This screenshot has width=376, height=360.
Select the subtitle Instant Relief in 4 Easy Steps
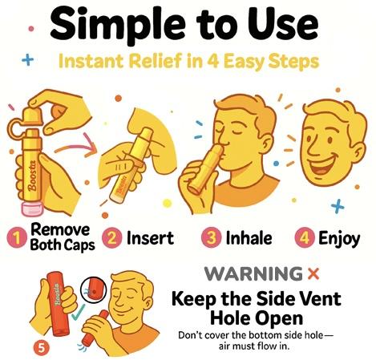tap(188, 63)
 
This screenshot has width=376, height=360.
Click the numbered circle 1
tap(15, 238)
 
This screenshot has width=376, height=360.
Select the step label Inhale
tap(248, 238)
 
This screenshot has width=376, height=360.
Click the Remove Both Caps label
tap(60, 238)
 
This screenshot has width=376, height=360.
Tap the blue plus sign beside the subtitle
tap(28, 59)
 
